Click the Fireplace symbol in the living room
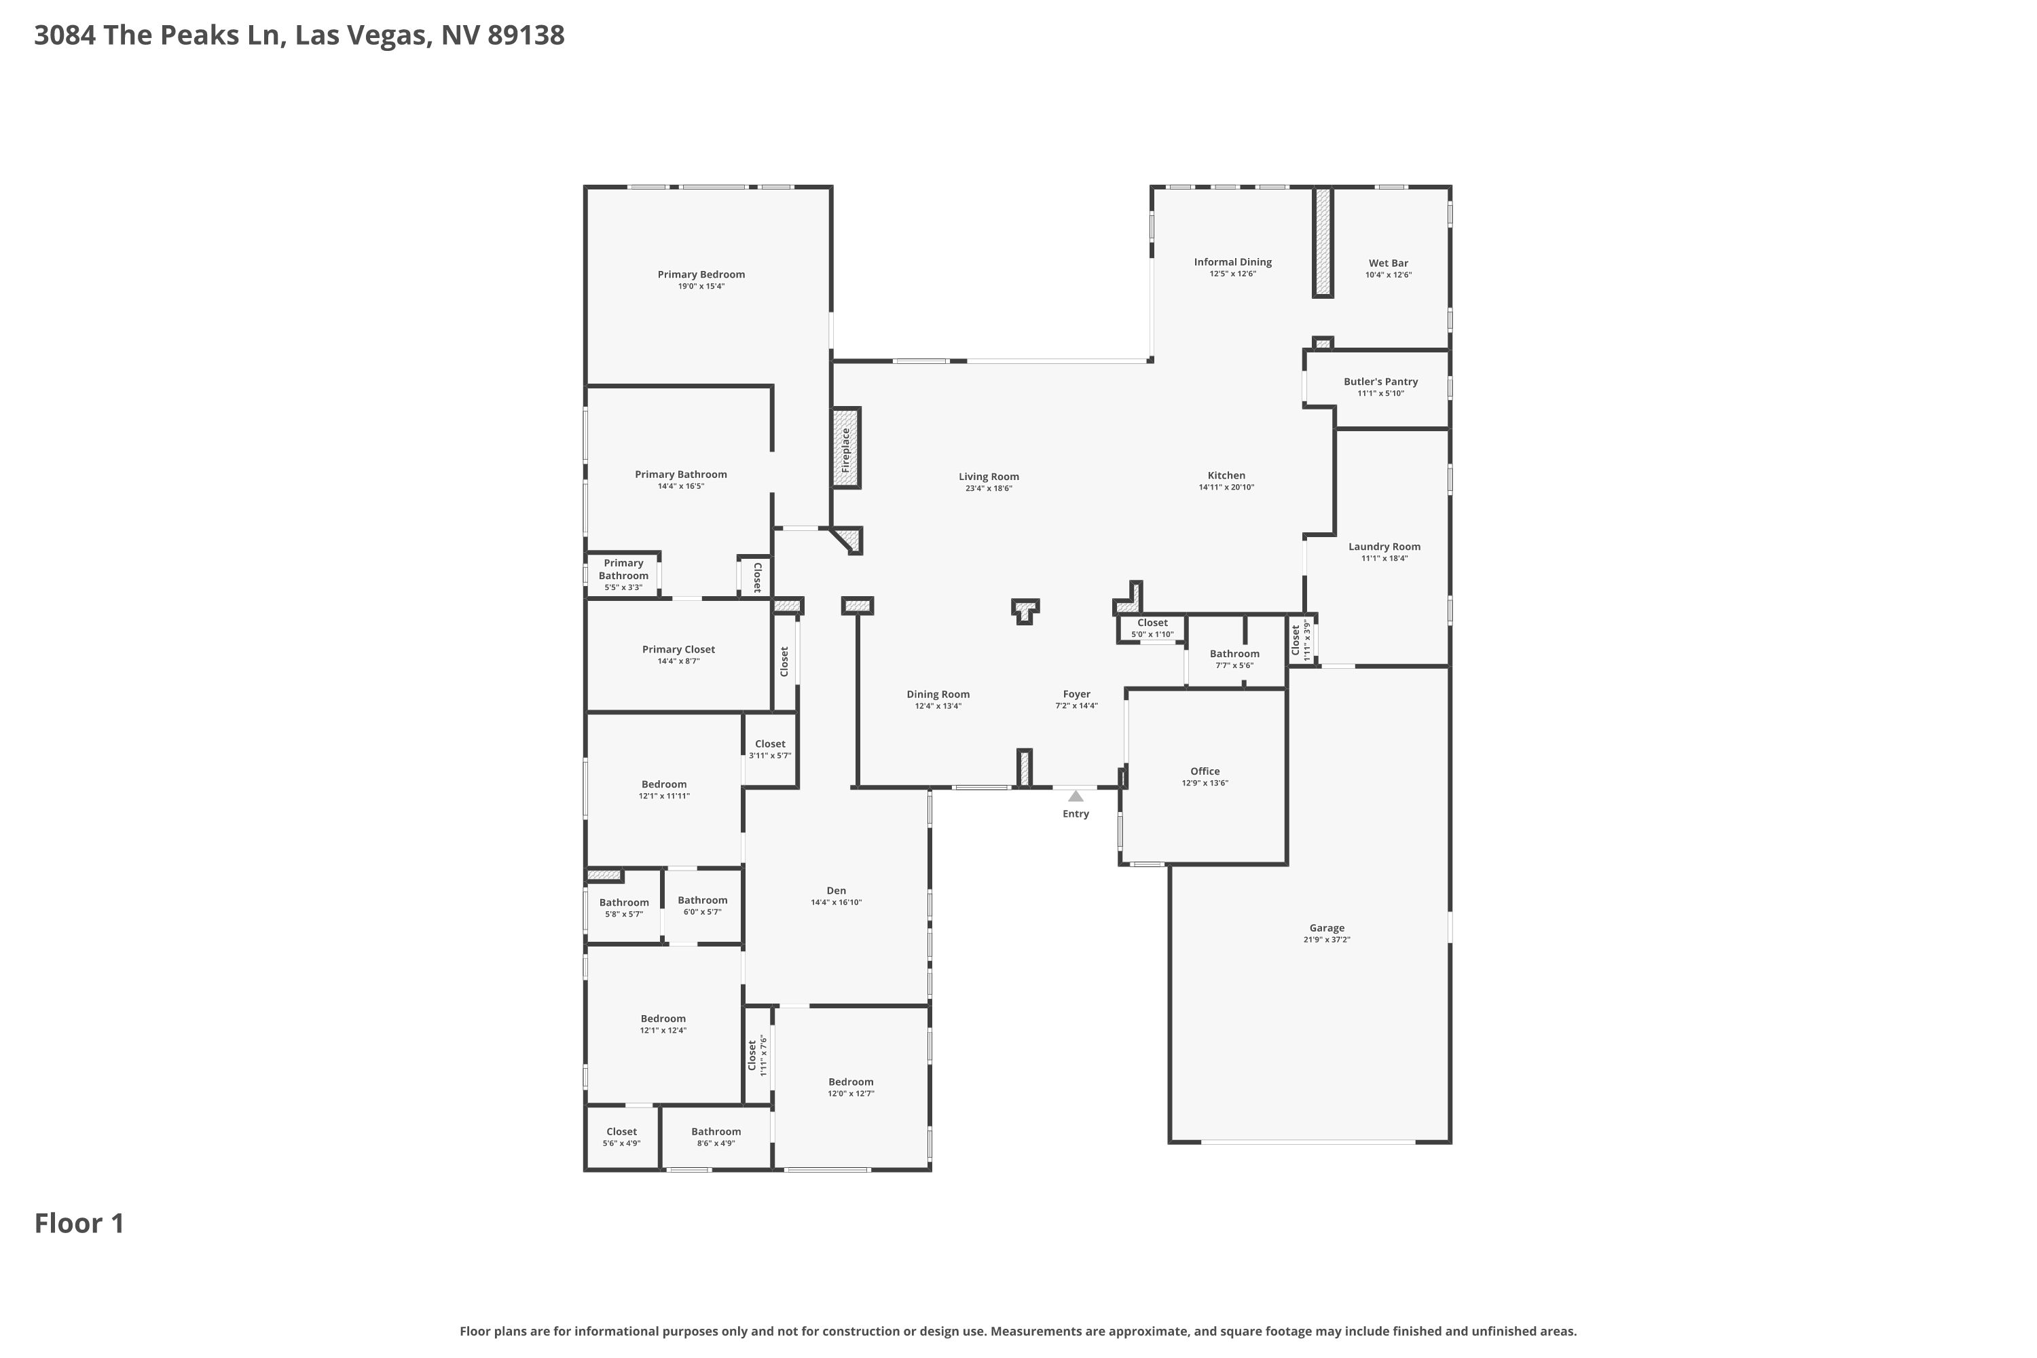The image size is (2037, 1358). [846, 447]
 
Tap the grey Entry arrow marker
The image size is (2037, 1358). [1076, 796]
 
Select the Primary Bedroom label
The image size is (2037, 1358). [701, 274]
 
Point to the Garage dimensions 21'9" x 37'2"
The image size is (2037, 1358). [1327, 940]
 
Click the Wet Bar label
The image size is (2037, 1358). [1389, 263]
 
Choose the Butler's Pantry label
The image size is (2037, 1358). [1380, 382]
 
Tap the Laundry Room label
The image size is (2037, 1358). [1384, 547]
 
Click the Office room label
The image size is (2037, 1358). [1205, 771]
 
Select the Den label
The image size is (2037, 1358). [836, 890]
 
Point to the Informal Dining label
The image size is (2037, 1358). [1232, 262]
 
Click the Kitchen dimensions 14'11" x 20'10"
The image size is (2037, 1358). [1226, 488]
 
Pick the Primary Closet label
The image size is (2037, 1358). [678, 650]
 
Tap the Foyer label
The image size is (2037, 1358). [1076, 695]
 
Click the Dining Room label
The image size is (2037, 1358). [938, 695]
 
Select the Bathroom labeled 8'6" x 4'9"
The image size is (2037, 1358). [716, 1132]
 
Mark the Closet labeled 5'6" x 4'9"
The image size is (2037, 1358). [621, 1132]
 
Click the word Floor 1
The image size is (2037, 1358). [79, 1224]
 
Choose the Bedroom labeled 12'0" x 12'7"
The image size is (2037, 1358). [851, 1082]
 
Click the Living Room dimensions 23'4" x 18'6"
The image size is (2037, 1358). [989, 488]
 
